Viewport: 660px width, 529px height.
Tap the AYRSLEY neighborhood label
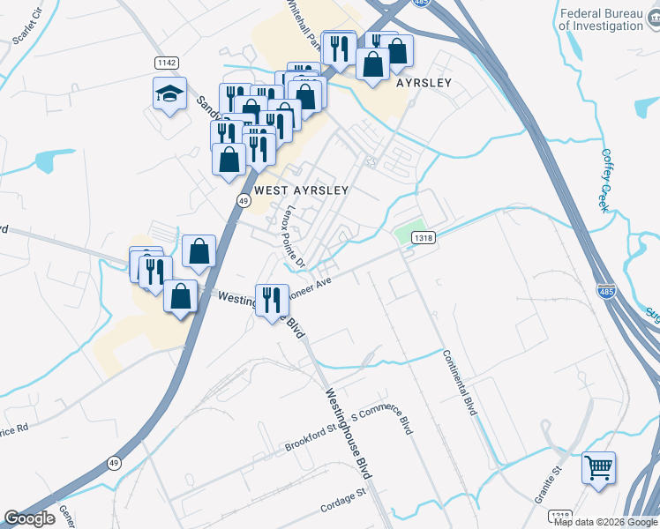424,83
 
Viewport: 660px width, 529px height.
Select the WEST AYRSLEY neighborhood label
301,190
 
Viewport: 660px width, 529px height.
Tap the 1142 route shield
166,63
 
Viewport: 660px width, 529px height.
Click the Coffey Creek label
607,179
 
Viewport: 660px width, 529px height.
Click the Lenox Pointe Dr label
292,237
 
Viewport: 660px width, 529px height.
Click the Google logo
29,518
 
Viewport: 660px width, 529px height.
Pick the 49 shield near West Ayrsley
241,200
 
